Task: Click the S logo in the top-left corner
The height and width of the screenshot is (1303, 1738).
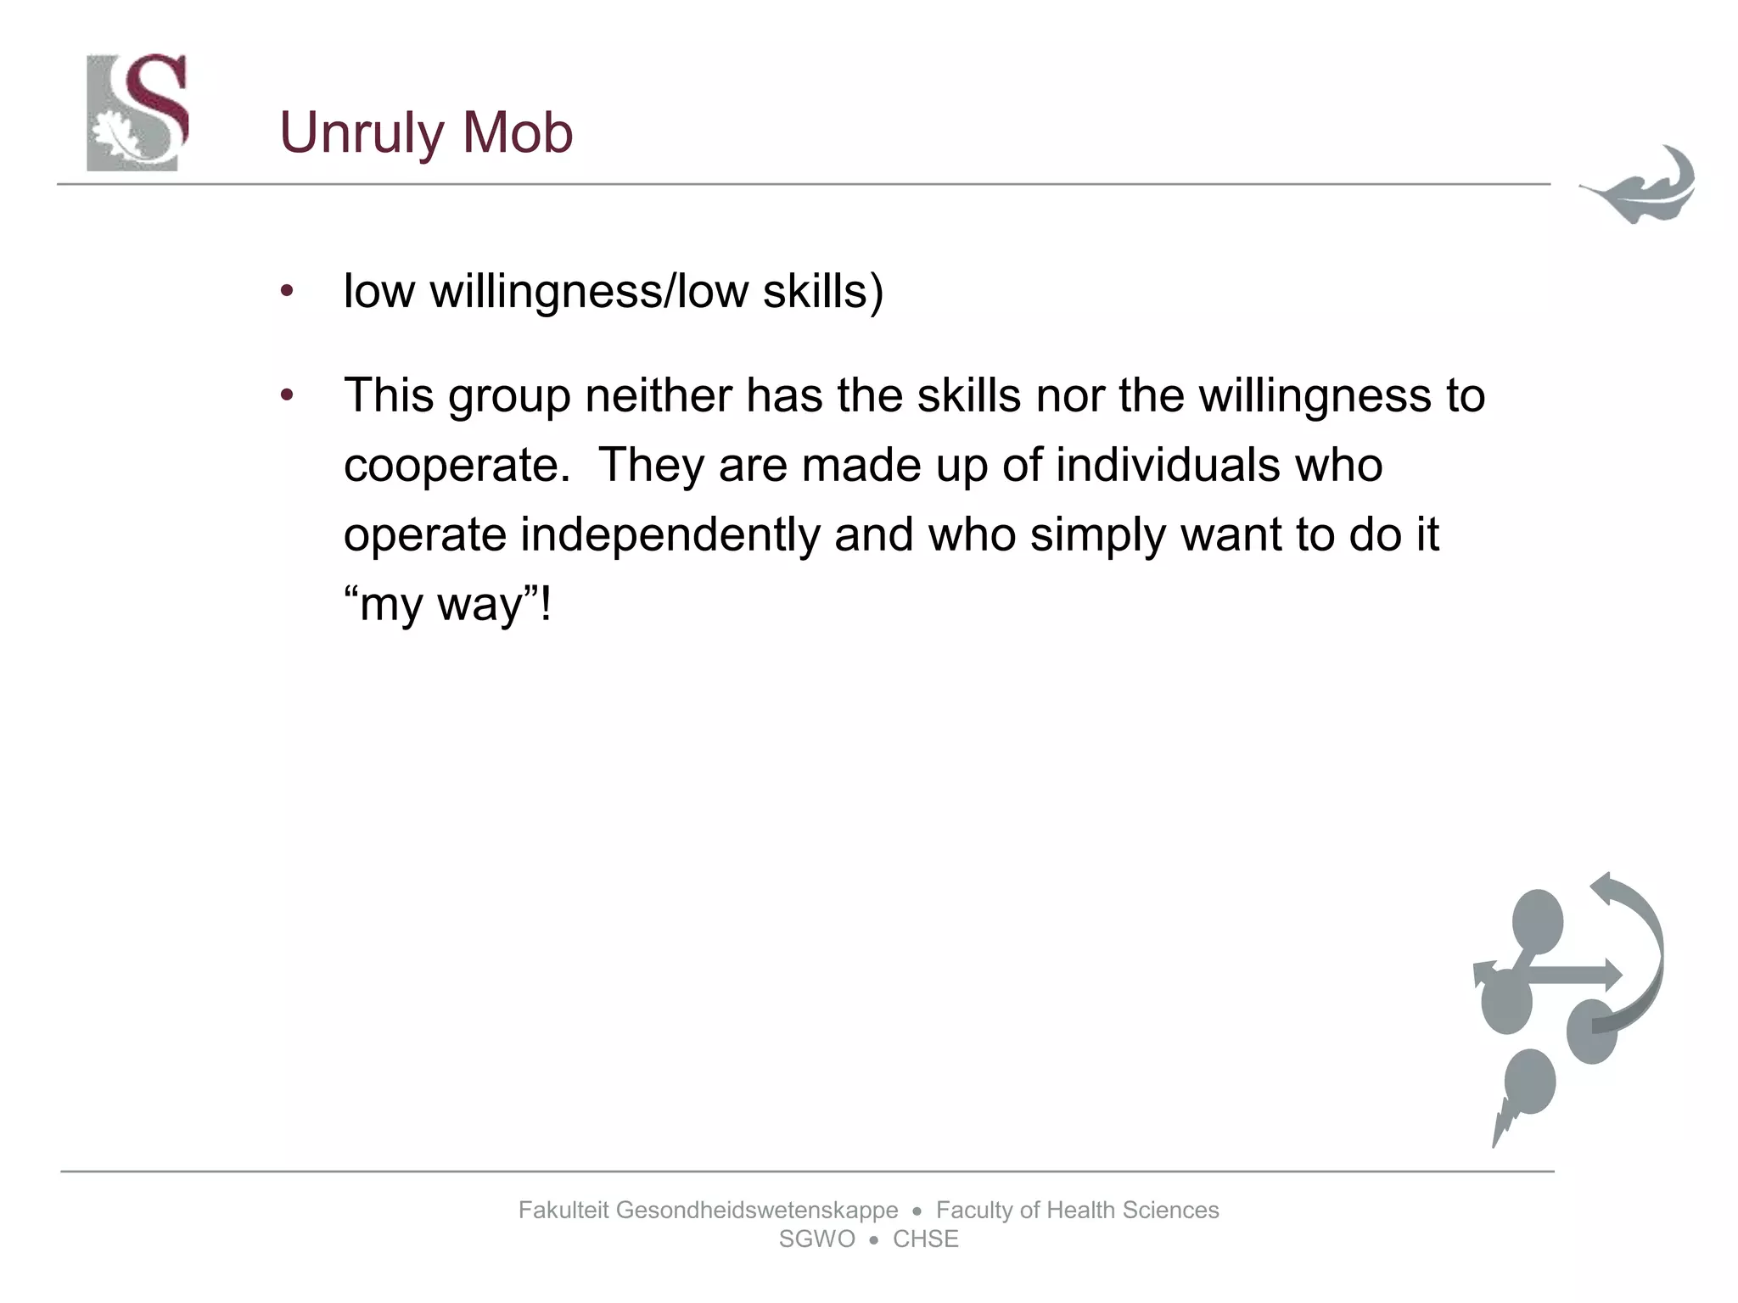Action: point(137,112)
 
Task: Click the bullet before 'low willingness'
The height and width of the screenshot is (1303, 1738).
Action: point(287,292)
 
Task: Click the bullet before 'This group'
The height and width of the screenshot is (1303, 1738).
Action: point(287,395)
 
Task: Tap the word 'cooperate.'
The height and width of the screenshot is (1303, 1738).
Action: point(457,466)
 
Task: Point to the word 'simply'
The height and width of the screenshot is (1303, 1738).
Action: point(1097,535)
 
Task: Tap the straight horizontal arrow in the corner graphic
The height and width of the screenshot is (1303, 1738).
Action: point(1570,976)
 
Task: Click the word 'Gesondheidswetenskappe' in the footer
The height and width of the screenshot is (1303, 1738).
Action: point(756,1211)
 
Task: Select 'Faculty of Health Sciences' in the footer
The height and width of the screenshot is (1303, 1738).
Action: point(1077,1211)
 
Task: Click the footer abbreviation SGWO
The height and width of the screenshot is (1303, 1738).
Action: point(816,1239)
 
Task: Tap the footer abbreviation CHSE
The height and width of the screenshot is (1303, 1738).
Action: point(925,1239)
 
